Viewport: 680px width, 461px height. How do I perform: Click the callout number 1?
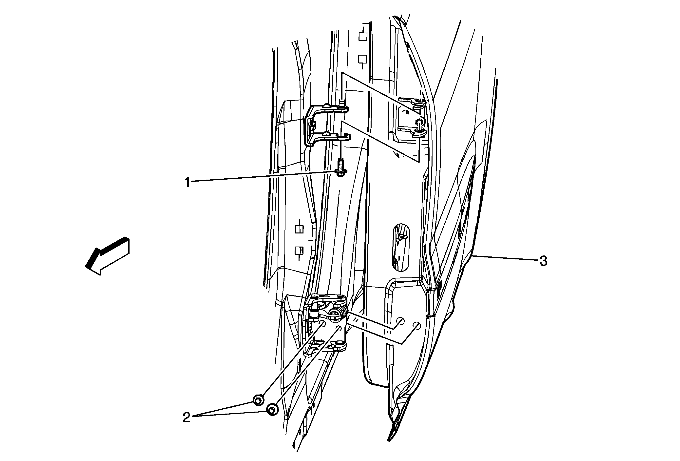coord(187,182)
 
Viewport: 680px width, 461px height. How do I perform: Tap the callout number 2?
coord(186,417)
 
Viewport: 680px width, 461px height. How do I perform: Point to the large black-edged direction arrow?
coord(107,256)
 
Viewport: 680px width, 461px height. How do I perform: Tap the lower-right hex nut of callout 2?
coord(272,409)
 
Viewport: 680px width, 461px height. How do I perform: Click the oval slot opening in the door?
coord(401,247)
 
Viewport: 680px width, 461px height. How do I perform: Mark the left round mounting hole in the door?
coord(400,321)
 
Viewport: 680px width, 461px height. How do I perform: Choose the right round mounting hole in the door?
coord(417,326)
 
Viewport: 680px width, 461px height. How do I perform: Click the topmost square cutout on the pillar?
coord(363,37)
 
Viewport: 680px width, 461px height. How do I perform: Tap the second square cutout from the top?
coord(363,59)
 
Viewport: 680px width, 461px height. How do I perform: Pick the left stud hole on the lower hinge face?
coord(322,323)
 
